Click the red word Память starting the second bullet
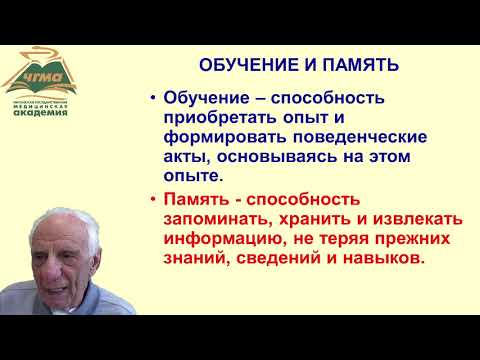195,199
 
